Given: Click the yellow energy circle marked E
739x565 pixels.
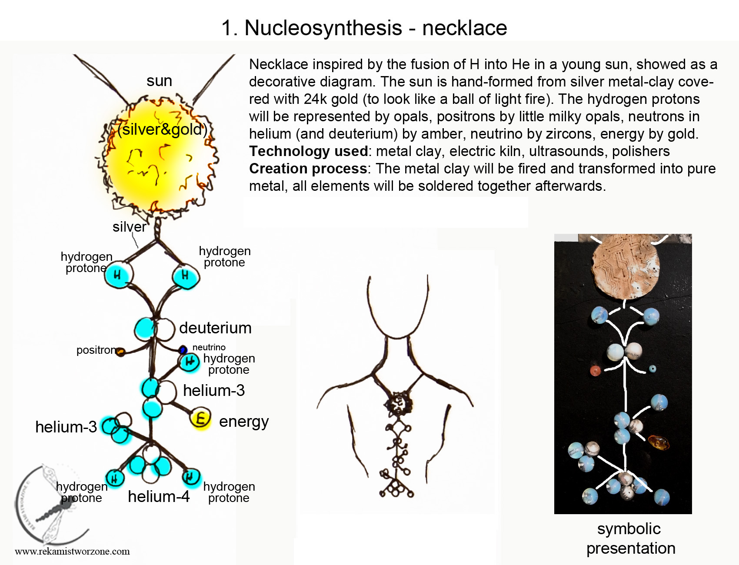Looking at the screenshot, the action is click(200, 419).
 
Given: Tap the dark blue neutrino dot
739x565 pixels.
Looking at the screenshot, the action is click(183, 349).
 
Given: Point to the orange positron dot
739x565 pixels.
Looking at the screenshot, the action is click(120, 352).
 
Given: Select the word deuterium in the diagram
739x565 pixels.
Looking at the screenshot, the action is click(215, 328).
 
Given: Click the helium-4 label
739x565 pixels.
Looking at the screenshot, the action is click(159, 496).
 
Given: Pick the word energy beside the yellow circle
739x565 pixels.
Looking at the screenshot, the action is click(244, 422).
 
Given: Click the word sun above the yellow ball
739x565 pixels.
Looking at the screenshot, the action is click(159, 81).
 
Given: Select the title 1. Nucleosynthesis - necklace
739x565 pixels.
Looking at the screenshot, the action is click(364, 28).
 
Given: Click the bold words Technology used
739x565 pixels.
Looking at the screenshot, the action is click(309, 151).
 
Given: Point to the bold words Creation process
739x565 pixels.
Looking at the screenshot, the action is click(308, 169).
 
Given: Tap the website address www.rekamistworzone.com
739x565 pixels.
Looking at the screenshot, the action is click(72, 552).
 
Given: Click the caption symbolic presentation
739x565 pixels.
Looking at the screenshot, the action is click(630, 538).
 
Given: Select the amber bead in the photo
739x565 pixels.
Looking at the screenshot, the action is click(659, 442).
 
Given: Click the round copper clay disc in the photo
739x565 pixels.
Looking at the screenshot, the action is click(626, 266).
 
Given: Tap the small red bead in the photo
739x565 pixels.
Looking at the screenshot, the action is click(595, 371).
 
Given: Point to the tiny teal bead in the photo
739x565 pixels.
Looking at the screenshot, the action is click(652, 369).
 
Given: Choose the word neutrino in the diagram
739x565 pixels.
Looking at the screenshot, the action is click(209, 347).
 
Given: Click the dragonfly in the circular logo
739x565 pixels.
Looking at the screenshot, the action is click(54, 504).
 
